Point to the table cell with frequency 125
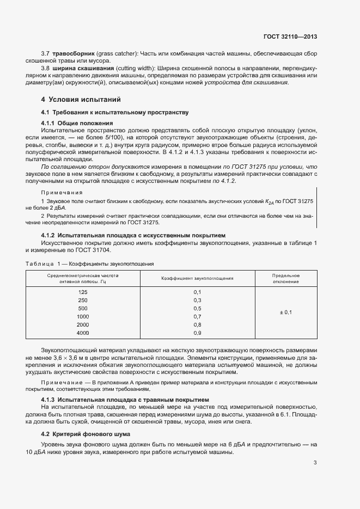tap(83, 292)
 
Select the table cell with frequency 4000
tap(83, 332)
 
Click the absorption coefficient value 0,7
tap(197, 316)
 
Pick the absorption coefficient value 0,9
tap(197, 332)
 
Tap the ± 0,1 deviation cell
tap(285, 312)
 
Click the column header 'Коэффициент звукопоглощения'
tap(197, 278)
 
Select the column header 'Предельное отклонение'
tap(285, 278)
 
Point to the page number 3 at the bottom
tap(315, 463)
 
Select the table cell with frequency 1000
tap(83, 316)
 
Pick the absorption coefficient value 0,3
tap(197, 301)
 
